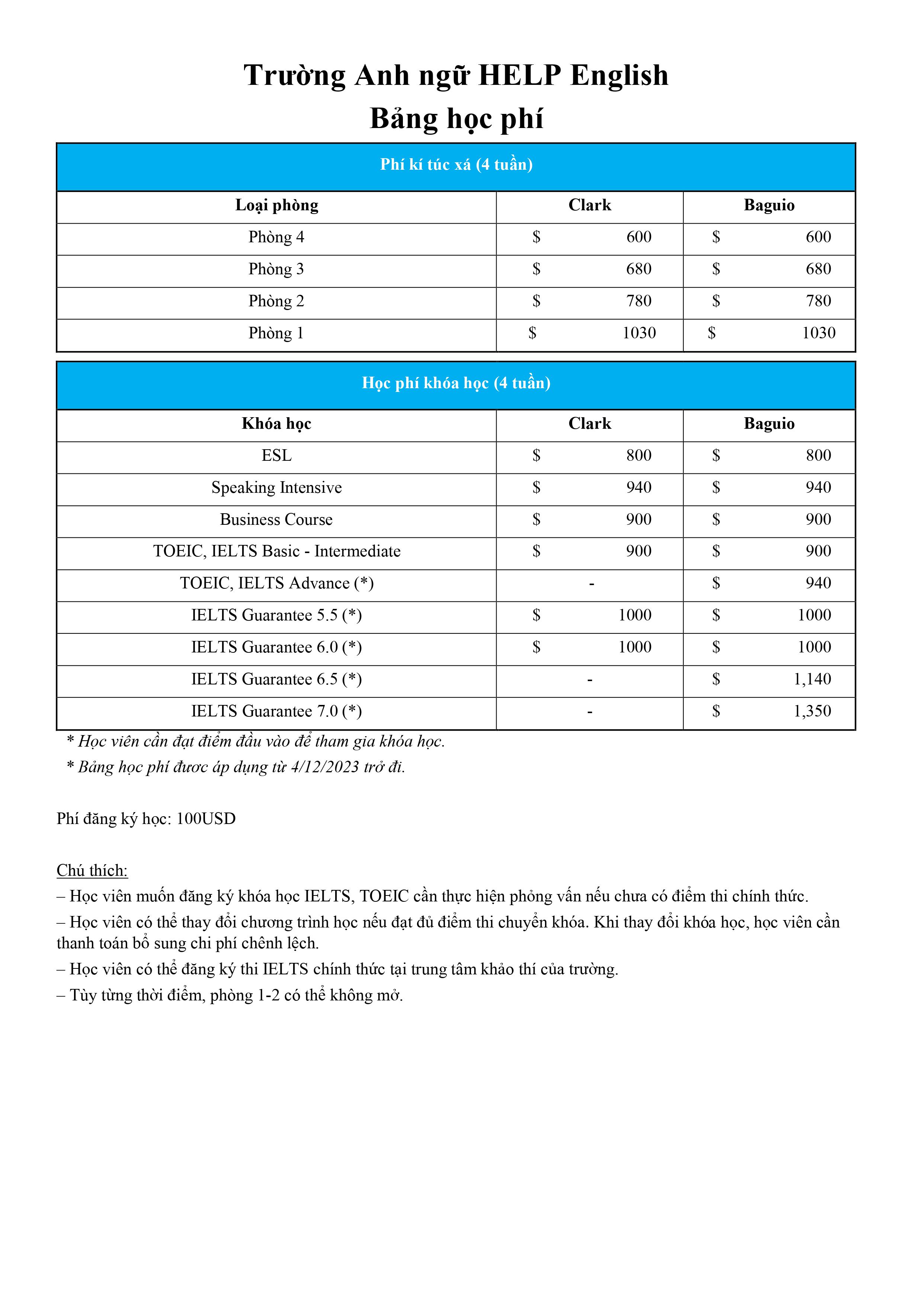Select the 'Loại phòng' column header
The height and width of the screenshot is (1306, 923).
276,205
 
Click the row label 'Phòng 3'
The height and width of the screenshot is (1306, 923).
276,269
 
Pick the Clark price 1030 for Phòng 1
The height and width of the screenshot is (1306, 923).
639,333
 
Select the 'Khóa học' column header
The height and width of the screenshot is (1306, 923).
276,424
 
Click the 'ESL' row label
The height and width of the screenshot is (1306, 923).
276,456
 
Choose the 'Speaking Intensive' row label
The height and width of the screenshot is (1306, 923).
276,488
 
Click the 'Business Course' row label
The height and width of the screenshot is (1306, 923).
276,519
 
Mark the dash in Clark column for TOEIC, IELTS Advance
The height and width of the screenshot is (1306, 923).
592,584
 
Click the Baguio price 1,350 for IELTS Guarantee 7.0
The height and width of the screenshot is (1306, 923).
812,711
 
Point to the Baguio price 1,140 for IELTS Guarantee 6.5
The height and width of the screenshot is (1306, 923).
812,679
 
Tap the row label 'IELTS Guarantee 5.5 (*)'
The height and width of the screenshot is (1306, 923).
276,616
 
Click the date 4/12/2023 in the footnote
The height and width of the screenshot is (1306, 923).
325,767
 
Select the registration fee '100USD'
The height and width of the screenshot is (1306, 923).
206,819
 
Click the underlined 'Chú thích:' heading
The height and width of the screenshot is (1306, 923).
92,871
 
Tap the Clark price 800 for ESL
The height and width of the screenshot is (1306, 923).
639,456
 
